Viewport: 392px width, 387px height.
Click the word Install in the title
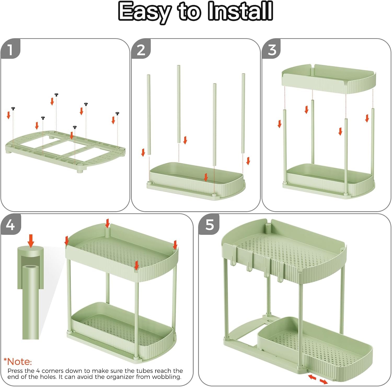click(x=240, y=11)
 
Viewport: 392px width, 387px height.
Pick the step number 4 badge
click(x=10, y=224)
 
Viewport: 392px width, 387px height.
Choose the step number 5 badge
click(x=209, y=224)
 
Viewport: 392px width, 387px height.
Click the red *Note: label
click(x=18, y=362)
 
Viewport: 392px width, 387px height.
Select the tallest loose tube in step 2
click(x=179, y=104)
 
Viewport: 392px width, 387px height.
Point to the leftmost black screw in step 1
click(x=13, y=108)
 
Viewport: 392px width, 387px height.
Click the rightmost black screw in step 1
click(x=117, y=114)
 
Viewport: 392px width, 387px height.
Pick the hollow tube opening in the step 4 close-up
click(x=31, y=267)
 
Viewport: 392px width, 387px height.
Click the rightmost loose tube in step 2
click(x=243, y=113)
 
